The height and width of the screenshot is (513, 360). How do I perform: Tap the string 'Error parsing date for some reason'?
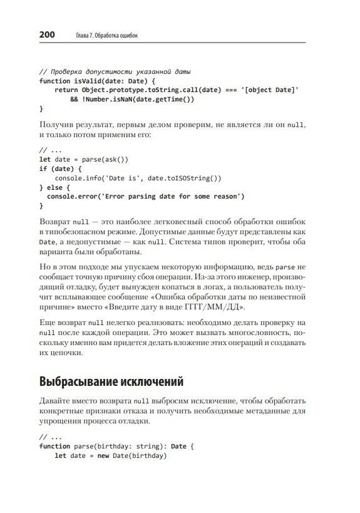tap(173, 196)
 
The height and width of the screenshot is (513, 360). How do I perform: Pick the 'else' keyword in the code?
tap(57, 187)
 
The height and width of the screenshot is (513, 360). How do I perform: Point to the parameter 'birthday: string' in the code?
tap(126, 446)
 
